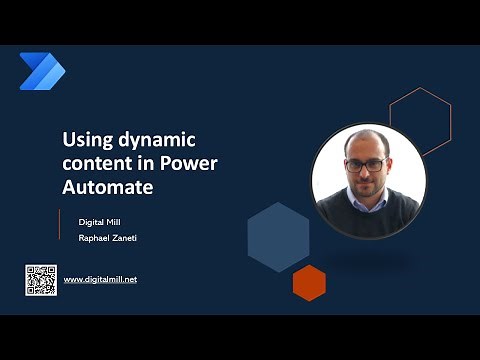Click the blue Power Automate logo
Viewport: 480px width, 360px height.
coord(41,71)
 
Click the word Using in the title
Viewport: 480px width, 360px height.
coord(84,139)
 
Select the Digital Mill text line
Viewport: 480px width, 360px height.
coord(101,221)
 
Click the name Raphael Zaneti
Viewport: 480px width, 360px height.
coord(109,238)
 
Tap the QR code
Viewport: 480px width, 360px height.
coord(41,279)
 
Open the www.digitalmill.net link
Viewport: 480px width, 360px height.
coord(100,279)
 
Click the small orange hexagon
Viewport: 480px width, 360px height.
coord(309,282)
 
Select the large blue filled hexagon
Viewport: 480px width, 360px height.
coord(278,236)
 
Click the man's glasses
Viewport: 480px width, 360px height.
coord(367,163)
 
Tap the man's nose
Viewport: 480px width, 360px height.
coord(367,171)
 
